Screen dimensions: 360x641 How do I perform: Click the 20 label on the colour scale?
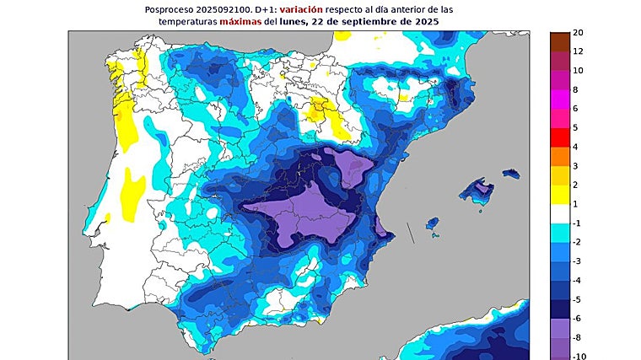tap(579, 33)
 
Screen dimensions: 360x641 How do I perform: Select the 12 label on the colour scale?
tap(579, 51)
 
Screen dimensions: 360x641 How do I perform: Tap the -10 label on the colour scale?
tap(580, 356)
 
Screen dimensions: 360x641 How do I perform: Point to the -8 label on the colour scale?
tap(578, 337)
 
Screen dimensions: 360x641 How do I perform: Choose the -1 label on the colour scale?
tap(578, 223)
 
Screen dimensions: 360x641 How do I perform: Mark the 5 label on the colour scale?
tap(575, 127)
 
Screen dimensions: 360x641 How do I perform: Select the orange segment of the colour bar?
tap(560, 156)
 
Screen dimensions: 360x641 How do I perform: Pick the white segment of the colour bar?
tap(560, 213)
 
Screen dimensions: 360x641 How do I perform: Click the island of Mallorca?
tap(477, 190)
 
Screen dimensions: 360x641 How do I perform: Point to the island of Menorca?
tap(511, 174)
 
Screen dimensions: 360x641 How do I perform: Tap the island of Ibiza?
tap(432, 224)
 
